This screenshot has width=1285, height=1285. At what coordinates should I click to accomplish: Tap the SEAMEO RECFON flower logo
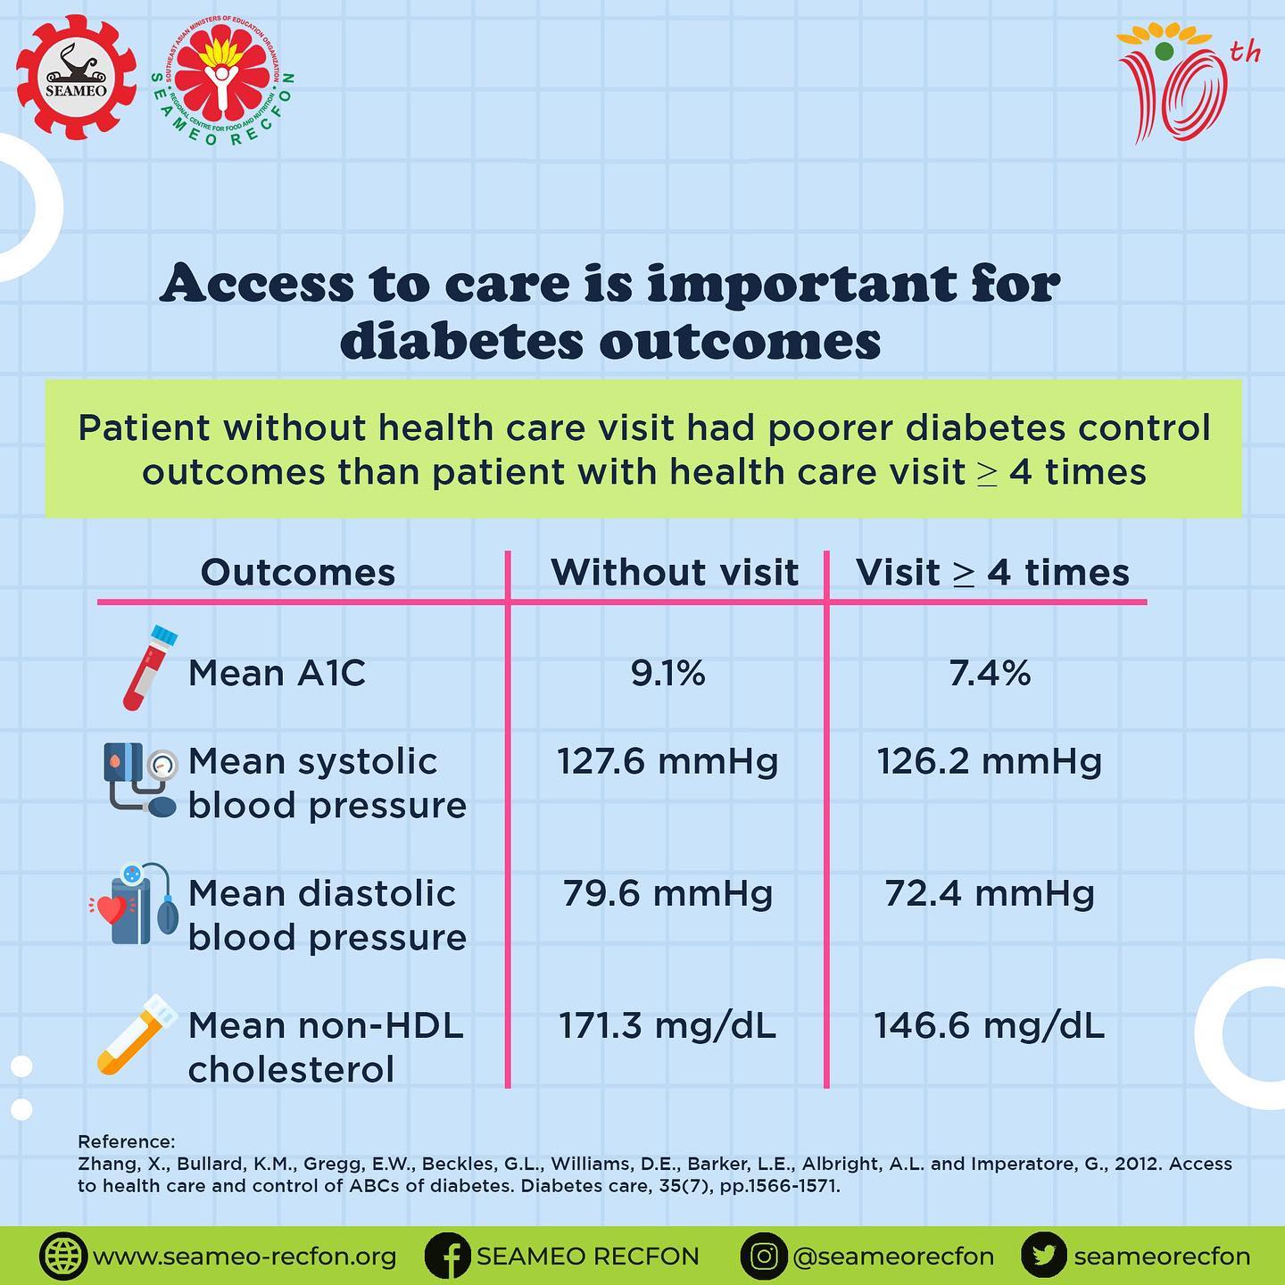(x=222, y=81)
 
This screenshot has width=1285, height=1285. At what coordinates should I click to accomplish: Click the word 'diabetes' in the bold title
(x=460, y=342)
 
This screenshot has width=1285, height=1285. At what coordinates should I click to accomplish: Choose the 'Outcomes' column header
(x=298, y=573)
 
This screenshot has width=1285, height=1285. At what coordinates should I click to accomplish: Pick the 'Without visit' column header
(x=675, y=573)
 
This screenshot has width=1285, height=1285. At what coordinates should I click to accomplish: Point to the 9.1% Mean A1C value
(x=668, y=673)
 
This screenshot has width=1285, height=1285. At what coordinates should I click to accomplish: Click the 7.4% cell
(x=990, y=673)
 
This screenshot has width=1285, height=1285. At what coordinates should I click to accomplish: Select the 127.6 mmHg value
(x=667, y=761)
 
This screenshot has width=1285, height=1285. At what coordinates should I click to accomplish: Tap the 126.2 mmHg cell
(x=990, y=761)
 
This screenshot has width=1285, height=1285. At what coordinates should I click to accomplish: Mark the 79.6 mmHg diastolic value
(x=667, y=893)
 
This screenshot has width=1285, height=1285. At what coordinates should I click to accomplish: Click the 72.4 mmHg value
(x=990, y=893)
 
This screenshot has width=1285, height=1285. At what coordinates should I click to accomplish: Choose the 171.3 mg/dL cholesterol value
(x=667, y=1026)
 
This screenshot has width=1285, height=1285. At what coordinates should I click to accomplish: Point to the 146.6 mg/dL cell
(x=990, y=1026)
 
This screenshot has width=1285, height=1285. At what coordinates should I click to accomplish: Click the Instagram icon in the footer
(x=764, y=1256)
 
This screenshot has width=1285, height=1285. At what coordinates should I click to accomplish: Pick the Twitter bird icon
(x=1044, y=1256)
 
